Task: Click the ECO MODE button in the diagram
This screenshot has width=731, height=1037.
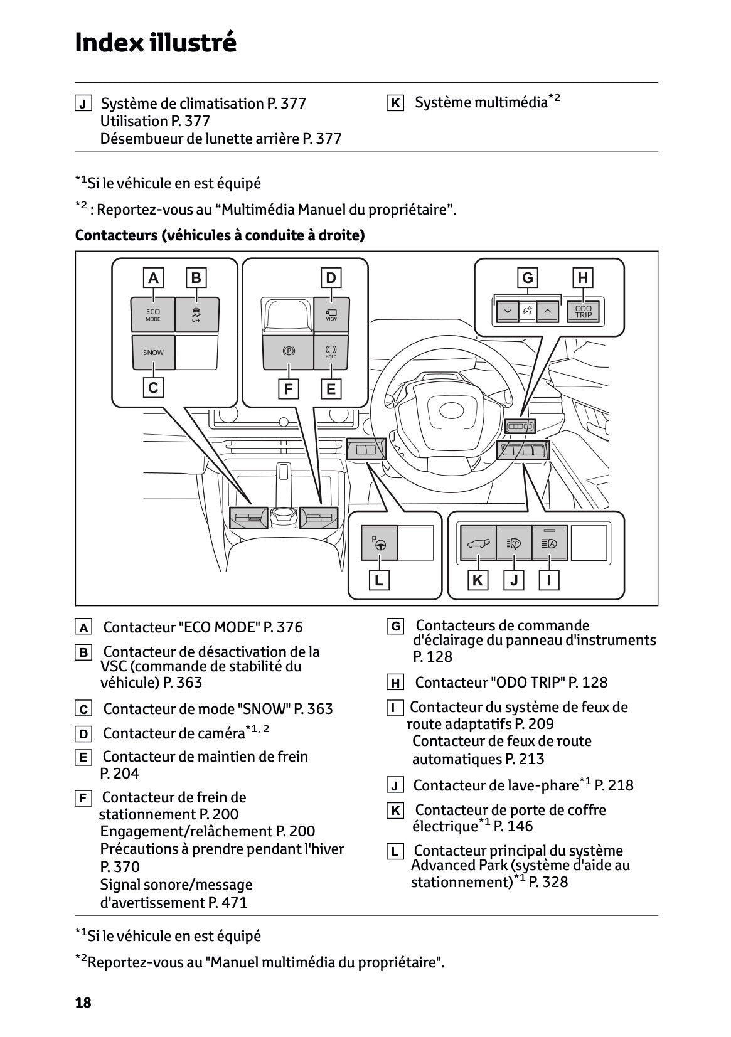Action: click(x=153, y=314)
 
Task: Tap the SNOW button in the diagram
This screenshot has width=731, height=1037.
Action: click(x=153, y=353)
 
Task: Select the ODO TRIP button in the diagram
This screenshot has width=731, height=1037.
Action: click(x=583, y=312)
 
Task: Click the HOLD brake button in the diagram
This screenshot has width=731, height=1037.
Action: click(x=331, y=352)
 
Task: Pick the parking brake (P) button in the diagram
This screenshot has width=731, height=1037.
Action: click(x=288, y=352)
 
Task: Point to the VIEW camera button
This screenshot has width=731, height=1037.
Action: click(x=331, y=314)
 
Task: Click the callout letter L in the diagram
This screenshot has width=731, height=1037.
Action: click(x=378, y=580)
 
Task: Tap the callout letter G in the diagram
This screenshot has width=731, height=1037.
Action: click(x=528, y=278)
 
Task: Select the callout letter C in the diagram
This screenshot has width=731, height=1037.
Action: click(x=153, y=388)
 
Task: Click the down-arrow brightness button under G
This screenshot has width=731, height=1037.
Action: click(x=507, y=311)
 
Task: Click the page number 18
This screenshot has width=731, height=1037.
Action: click(x=83, y=1002)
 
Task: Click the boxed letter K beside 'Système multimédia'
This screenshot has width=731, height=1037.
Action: click(x=395, y=103)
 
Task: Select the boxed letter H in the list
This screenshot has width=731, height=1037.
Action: click(x=395, y=683)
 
